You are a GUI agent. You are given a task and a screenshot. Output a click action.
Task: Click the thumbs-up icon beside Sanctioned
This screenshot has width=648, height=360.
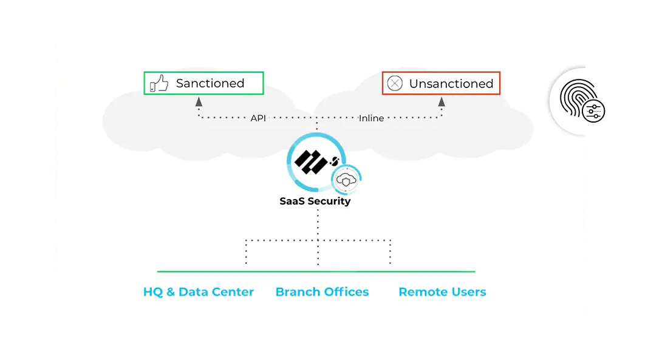[x=159, y=83]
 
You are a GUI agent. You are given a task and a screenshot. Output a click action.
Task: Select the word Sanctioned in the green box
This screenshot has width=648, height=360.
[x=210, y=84]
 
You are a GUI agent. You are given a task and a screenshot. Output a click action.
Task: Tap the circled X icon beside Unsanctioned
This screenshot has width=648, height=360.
[x=395, y=84]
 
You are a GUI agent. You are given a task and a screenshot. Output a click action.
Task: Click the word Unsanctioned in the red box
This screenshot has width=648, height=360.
[x=451, y=84]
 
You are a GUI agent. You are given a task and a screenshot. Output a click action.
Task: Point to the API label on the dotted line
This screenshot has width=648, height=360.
[x=258, y=118]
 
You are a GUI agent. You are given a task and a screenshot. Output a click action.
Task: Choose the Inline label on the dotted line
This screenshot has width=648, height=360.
[x=371, y=118]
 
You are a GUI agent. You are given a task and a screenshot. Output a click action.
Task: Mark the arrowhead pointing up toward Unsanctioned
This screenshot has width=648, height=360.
[x=442, y=102]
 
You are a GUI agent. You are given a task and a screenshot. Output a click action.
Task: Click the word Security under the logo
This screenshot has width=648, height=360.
[x=330, y=201]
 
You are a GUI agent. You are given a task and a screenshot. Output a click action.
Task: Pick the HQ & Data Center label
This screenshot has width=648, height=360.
[x=199, y=292]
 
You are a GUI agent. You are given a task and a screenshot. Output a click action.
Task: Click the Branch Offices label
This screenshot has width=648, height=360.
[x=322, y=292]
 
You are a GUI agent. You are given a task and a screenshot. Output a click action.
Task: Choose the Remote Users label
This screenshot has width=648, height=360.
[x=442, y=292]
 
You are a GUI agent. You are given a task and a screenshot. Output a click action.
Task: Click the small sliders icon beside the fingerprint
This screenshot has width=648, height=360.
[x=593, y=110]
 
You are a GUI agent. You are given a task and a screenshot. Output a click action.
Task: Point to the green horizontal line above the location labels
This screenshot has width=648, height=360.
[x=316, y=271]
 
